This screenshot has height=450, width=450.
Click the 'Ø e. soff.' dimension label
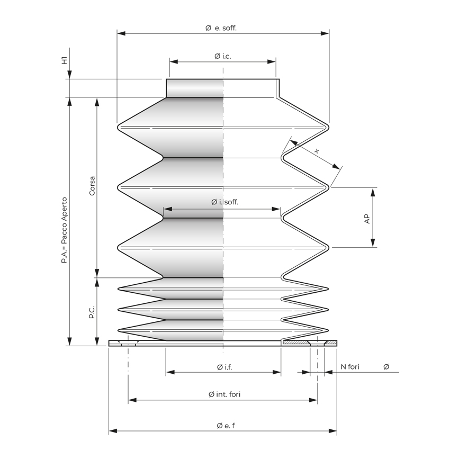click(221, 28)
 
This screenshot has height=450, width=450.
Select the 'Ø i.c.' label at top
click(223, 56)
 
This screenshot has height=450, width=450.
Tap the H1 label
click(65, 60)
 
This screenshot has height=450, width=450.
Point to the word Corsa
click(92, 186)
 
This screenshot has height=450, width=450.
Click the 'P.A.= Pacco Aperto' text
click(64, 230)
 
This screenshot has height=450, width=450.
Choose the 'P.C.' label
click(92, 312)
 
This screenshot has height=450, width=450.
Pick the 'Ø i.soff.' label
click(224, 202)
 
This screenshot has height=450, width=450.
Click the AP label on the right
click(367, 219)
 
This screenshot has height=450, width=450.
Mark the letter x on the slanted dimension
click(317, 151)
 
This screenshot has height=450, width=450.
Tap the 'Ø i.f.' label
click(224, 367)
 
